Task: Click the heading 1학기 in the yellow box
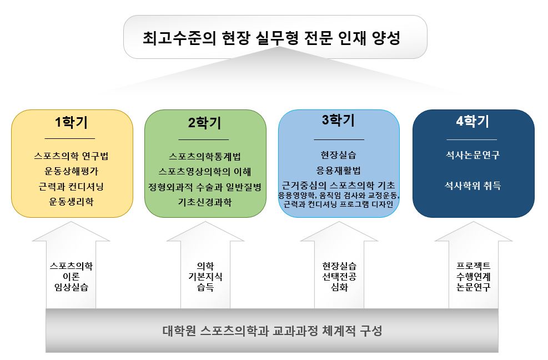[71, 122]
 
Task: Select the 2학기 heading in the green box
[205, 123]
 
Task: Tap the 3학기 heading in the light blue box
[338, 121]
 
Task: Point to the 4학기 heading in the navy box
[472, 121]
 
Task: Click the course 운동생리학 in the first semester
[71, 202]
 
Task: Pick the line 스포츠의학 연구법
[71, 156]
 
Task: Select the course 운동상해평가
[71, 171]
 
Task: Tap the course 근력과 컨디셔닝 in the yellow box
[71, 187]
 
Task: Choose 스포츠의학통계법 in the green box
[205, 156]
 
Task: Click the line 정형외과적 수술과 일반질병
[205, 187]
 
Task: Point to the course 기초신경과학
[205, 202]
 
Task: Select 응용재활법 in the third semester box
[338, 171]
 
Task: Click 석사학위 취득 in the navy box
[472, 186]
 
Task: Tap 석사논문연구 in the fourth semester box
[472, 155]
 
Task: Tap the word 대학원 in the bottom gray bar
[179, 331]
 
